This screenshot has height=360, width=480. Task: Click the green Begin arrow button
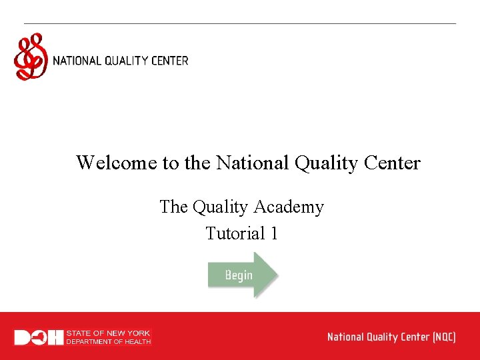click(x=241, y=274)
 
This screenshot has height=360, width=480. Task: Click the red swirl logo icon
click(x=31, y=57)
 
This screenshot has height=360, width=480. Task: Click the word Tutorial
click(x=235, y=234)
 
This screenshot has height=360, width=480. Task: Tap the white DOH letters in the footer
click(x=39, y=337)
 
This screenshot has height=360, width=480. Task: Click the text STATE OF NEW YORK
click(x=109, y=333)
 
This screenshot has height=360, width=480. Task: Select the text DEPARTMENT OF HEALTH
click(x=109, y=341)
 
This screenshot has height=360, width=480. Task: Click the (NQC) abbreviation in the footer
click(x=444, y=337)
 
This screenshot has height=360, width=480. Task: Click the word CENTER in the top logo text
click(x=169, y=61)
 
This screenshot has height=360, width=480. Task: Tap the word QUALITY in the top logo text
click(x=126, y=61)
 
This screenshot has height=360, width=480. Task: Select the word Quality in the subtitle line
click(x=219, y=207)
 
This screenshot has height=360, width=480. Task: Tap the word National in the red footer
click(x=345, y=337)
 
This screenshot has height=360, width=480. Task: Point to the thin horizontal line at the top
click(x=240, y=24)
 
